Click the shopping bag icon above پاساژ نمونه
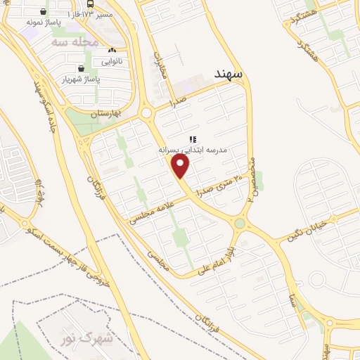44,11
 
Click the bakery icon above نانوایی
111,51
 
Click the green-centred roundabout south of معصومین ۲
240,224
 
